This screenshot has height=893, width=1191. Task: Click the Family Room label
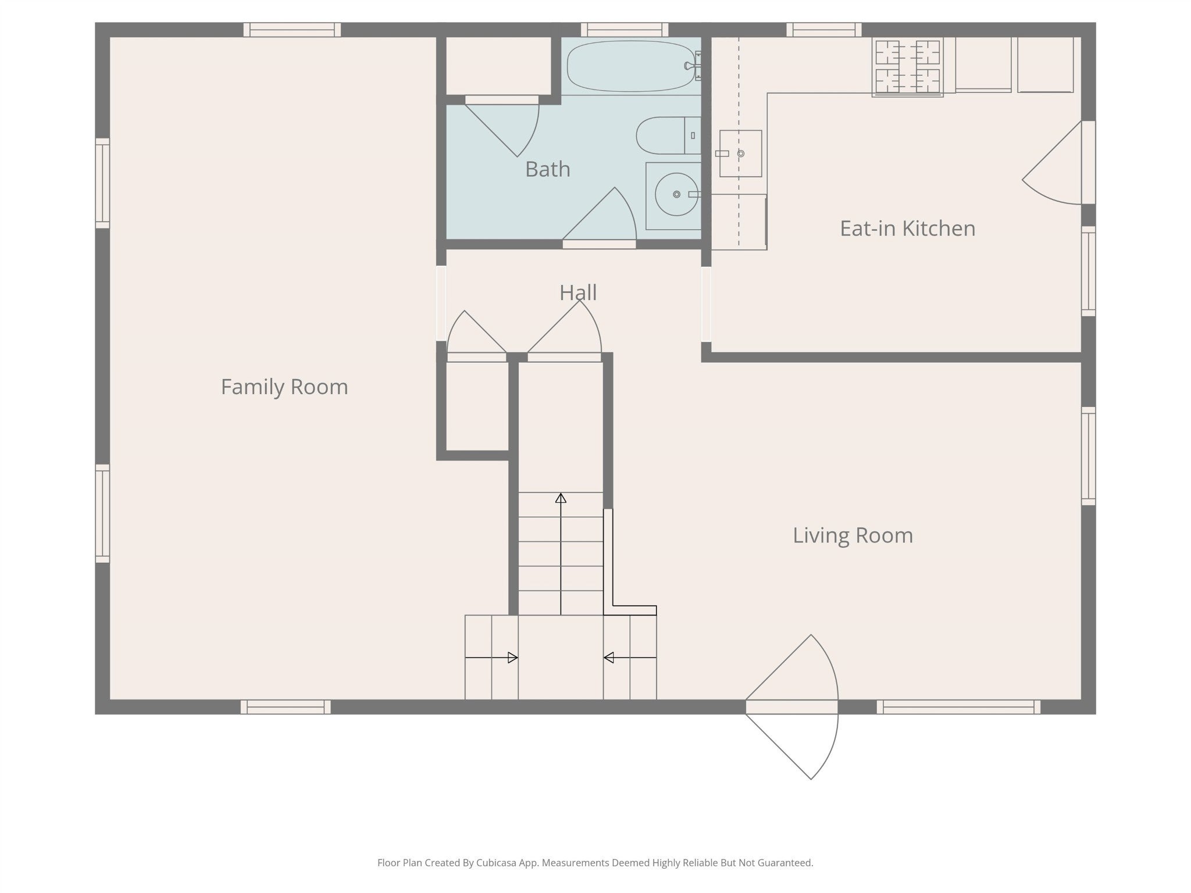click(x=284, y=387)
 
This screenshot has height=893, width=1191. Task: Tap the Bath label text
click(x=547, y=169)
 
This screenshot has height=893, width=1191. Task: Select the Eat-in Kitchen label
click(x=907, y=228)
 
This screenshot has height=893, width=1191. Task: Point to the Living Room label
click(x=853, y=535)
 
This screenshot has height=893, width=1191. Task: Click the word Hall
click(x=578, y=292)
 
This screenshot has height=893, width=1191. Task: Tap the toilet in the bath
click(x=668, y=135)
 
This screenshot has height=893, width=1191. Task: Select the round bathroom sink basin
click(x=676, y=194)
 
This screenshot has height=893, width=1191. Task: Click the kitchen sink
click(x=740, y=153)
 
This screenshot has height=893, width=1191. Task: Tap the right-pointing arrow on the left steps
click(x=491, y=658)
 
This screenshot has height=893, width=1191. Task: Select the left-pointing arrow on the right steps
click(x=630, y=658)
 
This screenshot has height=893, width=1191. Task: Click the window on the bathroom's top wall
click(x=624, y=29)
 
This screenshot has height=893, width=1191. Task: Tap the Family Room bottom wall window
click(x=286, y=707)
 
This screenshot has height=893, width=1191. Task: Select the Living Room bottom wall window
click(x=958, y=707)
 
